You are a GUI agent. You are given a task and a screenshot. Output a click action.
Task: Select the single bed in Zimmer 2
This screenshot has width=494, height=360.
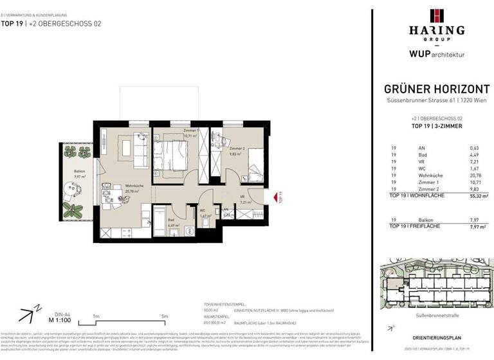coord(253,163)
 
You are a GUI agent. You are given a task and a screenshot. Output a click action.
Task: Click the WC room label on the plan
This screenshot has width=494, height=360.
coord(202,211)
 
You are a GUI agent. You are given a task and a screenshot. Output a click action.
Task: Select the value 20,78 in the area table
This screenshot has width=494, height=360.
coord(475,175)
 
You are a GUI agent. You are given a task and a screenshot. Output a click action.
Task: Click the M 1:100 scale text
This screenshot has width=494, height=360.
coord(59,319)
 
